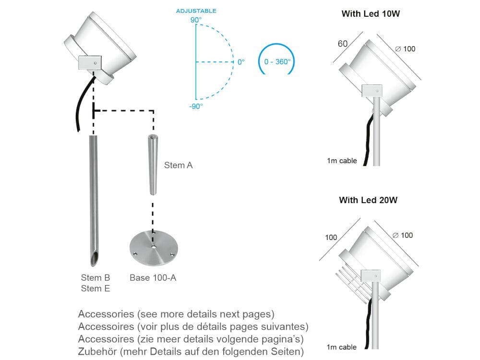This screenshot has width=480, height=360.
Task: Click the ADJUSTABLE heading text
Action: (x=196, y=11)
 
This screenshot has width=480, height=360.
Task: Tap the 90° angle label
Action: (x=196, y=20)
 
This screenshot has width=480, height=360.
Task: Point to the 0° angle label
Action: (x=241, y=62)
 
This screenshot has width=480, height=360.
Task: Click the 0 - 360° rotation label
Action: (x=277, y=62)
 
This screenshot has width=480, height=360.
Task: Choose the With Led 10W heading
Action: (x=371, y=14)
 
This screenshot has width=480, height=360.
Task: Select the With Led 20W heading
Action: (x=368, y=200)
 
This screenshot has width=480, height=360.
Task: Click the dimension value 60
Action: (x=343, y=44)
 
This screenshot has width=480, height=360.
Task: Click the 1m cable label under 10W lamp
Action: (x=342, y=161)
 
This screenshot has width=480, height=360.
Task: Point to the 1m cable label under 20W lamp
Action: (x=341, y=347)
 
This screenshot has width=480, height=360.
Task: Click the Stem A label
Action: (x=178, y=166)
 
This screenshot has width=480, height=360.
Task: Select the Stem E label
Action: (x=96, y=288)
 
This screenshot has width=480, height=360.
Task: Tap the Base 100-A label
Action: (x=153, y=277)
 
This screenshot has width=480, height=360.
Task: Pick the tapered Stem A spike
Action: (x=152, y=166)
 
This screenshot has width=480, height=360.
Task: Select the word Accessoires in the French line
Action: (x=106, y=327)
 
